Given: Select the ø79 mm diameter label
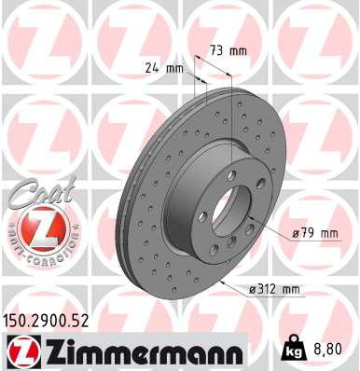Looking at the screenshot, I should click(x=313, y=234).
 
